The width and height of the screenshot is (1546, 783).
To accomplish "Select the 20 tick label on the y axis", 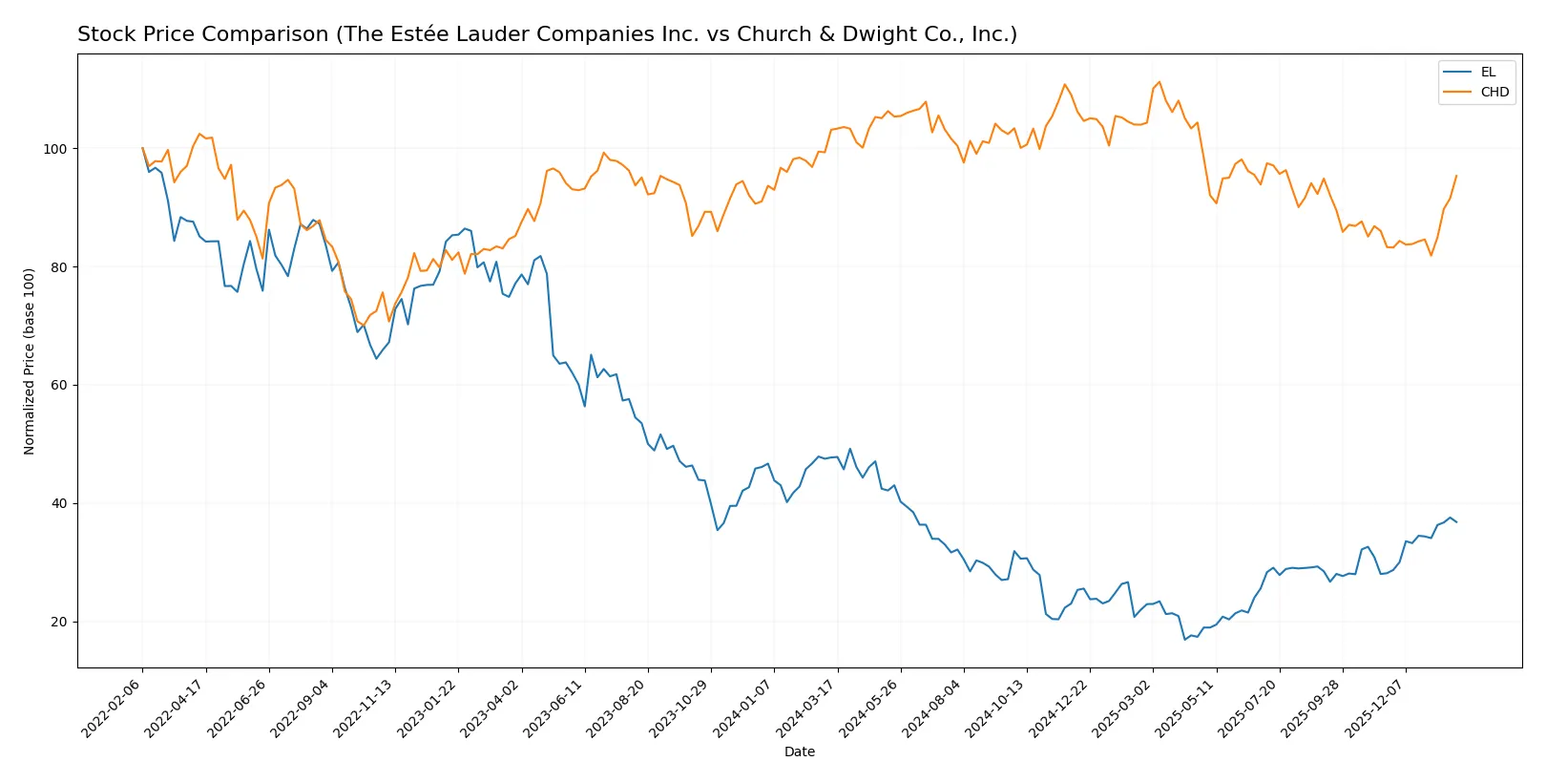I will coord(59,622).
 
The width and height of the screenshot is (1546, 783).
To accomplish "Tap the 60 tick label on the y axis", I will coord(59,386).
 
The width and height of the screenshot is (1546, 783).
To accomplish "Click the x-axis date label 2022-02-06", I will coord(113,709).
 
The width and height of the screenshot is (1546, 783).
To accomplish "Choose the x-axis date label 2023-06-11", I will coord(554,709).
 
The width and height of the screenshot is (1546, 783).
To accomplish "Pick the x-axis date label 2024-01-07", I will coord(743,709).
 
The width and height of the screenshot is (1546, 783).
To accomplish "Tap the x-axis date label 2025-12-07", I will coord(1375,709).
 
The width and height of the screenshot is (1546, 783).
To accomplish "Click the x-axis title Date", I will coord(799,751).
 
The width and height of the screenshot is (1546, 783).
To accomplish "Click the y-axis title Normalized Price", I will coord(30,361).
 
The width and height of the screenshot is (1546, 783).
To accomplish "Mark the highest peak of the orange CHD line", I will coord(1159,82).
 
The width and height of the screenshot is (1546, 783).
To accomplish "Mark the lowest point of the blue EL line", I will coord(1184,639).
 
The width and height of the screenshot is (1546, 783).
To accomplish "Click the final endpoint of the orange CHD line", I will coord(1456,176).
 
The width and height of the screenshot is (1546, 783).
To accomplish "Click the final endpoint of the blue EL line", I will coord(1456,522).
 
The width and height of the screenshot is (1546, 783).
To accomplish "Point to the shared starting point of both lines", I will coord(142,149).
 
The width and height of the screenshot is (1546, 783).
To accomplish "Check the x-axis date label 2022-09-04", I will coord(302,709).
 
